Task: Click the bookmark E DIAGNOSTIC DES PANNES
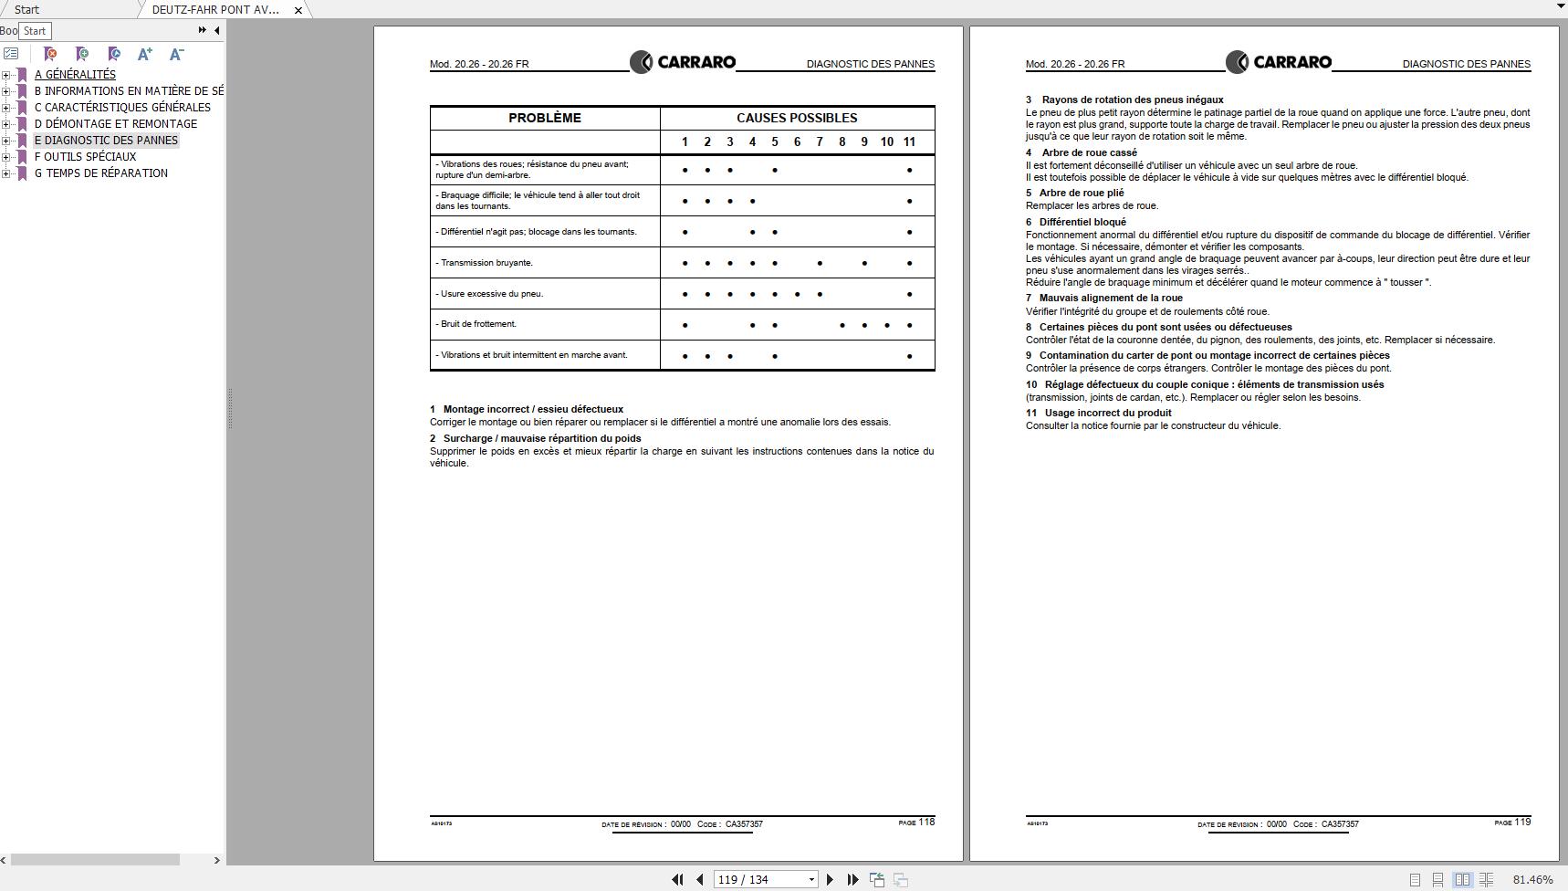[106, 141]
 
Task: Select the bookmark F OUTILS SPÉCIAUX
[85, 157]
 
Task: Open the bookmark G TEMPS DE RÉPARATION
[100, 173]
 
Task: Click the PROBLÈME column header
[545, 118]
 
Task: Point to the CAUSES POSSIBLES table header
[797, 118]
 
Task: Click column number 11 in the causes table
[909, 142]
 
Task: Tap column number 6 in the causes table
[797, 142]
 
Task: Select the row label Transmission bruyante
[486, 263]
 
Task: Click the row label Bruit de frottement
[478, 324]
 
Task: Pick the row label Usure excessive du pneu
[491, 294]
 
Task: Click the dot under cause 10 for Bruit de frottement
[887, 325]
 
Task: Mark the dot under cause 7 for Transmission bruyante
[820, 263]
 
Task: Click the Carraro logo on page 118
[683, 62]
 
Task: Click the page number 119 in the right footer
[1522, 822]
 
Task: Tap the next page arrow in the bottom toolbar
[830, 879]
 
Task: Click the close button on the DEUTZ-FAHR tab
[298, 10]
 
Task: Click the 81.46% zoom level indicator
[1532, 879]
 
